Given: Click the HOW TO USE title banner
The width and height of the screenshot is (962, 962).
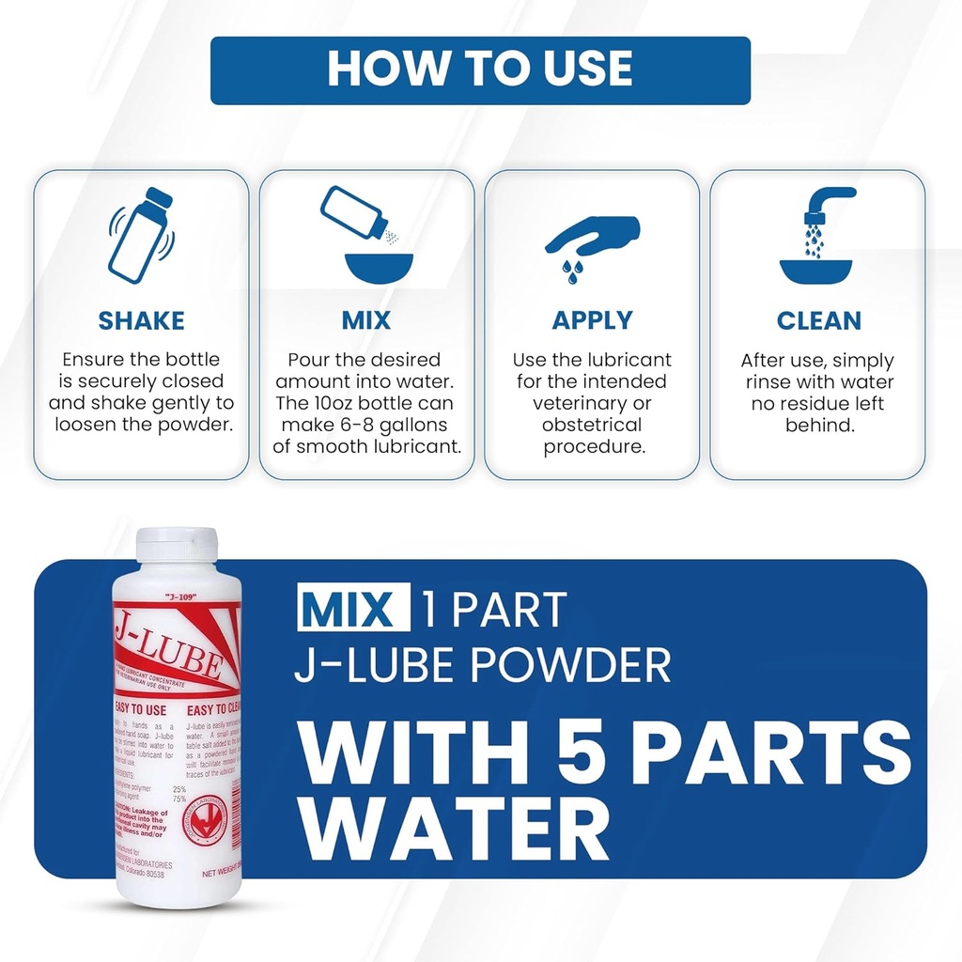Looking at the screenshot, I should [x=480, y=70].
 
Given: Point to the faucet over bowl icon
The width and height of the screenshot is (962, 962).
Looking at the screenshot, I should [x=816, y=235].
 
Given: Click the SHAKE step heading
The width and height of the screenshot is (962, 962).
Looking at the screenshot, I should [x=141, y=320].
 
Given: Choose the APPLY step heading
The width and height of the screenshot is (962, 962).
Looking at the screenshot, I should [x=591, y=320].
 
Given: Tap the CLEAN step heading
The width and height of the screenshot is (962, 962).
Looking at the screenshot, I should [x=818, y=320].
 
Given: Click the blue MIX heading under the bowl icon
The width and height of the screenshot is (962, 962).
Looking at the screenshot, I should [x=365, y=320].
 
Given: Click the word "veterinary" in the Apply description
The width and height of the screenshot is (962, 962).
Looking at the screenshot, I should [x=591, y=403].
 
